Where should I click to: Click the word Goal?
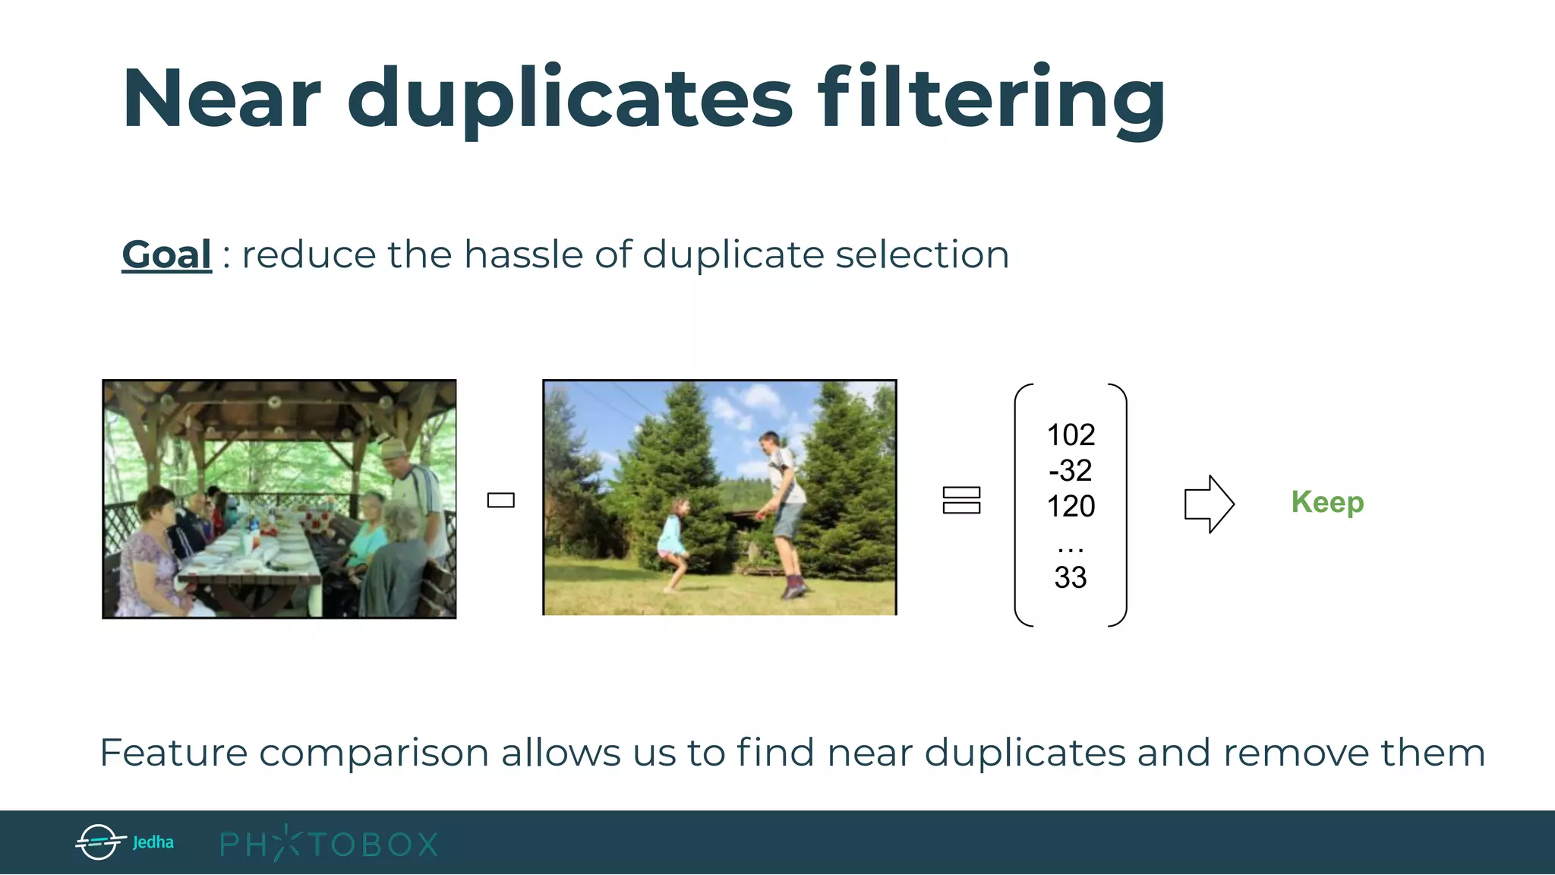(x=166, y=254)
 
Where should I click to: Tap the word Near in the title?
(x=221, y=100)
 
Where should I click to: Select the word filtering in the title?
(x=991, y=100)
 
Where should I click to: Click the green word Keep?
(x=1327, y=502)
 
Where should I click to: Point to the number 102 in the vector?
(x=1071, y=435)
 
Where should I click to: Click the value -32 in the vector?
(x=1071, y=471)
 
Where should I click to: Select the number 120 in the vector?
(x=1071, y=506)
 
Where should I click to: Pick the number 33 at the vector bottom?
(x=1071, y=577)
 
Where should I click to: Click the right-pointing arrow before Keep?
(x=1209, y=504)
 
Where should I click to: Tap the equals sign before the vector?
(x=961, y=500)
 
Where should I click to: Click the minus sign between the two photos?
(x=501, y=500)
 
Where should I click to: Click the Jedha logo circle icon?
(x=99, y=842)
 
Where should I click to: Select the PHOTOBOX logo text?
(x=329, y=844)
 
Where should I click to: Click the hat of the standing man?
(x=393, y=450)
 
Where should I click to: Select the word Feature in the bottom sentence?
(x=173, y=753)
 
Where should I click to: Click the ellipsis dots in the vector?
(x=1071, y=547)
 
